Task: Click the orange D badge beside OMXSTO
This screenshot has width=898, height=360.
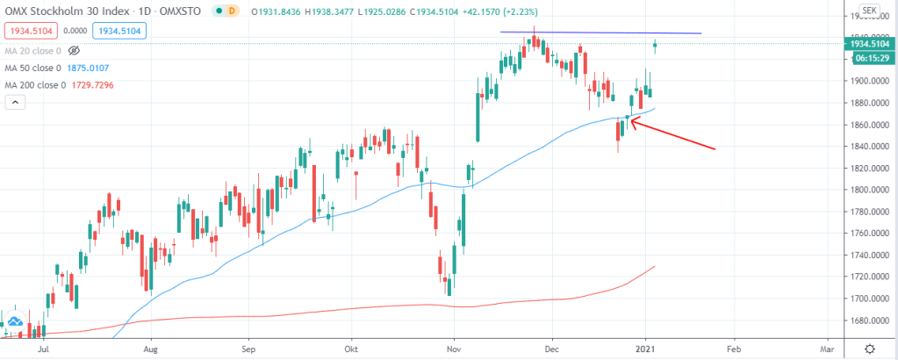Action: point(232,11)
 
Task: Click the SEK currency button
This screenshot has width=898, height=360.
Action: point(869,11)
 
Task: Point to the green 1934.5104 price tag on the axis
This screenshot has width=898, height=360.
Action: point(868,42)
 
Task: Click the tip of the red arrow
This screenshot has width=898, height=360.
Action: point(629,122)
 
